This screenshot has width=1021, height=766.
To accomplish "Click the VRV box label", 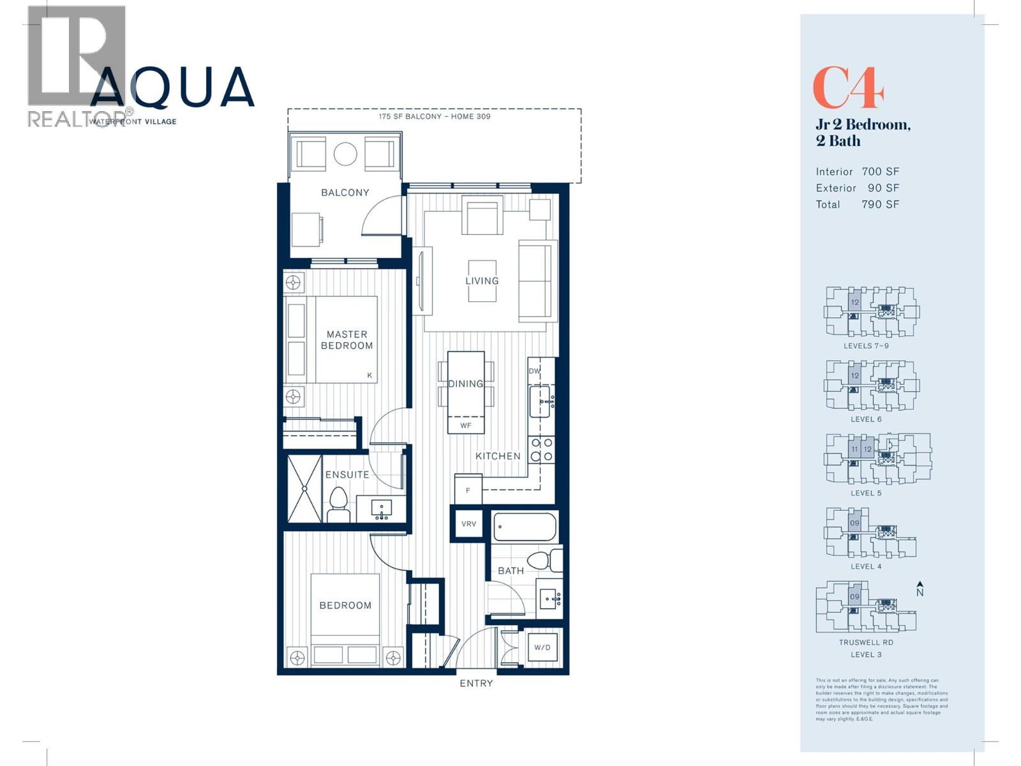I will (x=468, y=523).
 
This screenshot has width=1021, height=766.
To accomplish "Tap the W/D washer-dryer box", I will (x=542, y=647).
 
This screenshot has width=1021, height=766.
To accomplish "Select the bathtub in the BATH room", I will (x=525, y=528).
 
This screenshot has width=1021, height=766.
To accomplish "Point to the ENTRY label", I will (x=476, y=683).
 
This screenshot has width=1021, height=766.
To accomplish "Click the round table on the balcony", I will (x=345, y=154).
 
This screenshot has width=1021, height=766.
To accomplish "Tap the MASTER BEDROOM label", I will (x=347, y=340).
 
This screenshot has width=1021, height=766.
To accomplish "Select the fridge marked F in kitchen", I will (x=468, y=490).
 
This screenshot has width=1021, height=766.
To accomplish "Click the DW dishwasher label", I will (x=534, y=371).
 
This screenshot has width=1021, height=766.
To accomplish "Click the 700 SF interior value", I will (x=880, y=172).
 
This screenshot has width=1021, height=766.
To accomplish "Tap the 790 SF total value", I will (x=880, y=204).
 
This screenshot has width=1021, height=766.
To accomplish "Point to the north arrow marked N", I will (x=920, y=589).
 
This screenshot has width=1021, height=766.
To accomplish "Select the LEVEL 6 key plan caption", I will (x=865, y=419).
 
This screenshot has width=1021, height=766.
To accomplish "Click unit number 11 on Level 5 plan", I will (x=854, y=449).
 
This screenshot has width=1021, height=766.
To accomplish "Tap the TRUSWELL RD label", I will (x=865, y=643).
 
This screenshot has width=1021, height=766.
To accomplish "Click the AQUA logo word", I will (x=172, y=87).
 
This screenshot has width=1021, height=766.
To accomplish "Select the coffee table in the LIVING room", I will (x=482, y=281).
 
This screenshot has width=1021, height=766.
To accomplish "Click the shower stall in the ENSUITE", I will (x=304, y=488).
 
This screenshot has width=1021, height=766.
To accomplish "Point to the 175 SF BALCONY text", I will (x=434, y=117).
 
